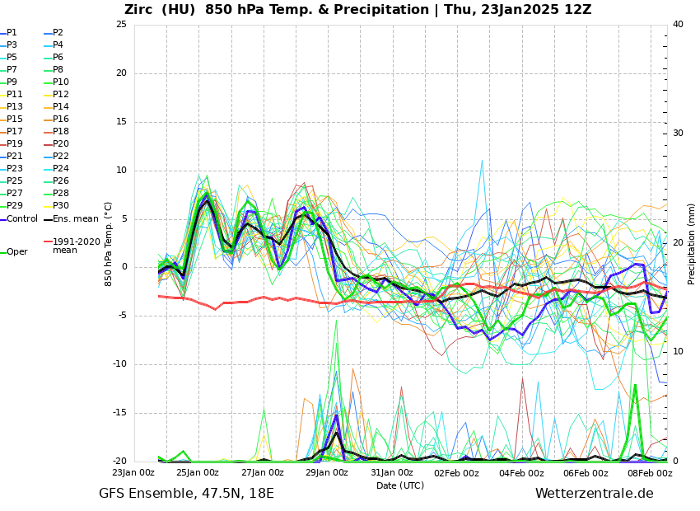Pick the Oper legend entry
click(x=16, y=252)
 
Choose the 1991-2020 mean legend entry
click(x=76, y=246)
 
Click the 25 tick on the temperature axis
click(x=121, y=25)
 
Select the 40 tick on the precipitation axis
click(x=678, y=25)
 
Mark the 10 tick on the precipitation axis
click(x=678, y=352)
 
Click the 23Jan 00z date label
click(x=133, y=473)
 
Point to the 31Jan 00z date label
click(x=392, y=473)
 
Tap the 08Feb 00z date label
click(x=651, y=473)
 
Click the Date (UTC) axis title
click(x=400, y=486)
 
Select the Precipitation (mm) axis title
click(x=692, y=243)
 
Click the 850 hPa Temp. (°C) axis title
click(x=109, y=243)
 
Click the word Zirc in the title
click(x=142, y=10)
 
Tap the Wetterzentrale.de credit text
click(x=594, y=494)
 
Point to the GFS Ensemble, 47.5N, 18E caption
click(x=186, y=494)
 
